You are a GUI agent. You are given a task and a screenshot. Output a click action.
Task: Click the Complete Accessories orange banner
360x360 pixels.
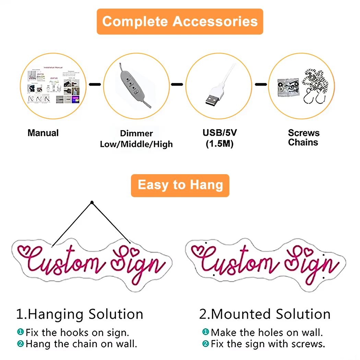point(180,22)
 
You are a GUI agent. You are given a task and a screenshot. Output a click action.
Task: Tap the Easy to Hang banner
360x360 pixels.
point(180,185)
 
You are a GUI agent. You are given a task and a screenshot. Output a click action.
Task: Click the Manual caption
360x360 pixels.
point(43,133)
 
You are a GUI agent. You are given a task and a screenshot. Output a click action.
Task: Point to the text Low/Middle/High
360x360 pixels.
point(136,144)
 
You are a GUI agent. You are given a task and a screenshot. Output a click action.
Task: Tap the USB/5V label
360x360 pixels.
point(219,133)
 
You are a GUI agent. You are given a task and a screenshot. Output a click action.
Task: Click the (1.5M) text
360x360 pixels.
point(219,144)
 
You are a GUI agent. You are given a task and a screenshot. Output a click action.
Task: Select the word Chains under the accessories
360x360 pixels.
point(303,143)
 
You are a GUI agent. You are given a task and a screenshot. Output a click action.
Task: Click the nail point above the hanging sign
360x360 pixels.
point(92,203)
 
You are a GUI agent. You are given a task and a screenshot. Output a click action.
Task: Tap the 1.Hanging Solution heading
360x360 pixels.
point(80,314)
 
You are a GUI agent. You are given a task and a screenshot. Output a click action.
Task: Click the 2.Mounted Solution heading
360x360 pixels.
point(265,314)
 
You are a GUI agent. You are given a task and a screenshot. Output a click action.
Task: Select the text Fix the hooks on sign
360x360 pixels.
point(77,332)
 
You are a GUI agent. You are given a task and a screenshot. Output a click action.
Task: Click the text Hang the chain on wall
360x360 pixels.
point(81,344)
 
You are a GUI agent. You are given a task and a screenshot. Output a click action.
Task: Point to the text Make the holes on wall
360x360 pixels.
point(267,332)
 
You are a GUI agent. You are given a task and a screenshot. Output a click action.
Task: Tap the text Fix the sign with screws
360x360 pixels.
point(268,344)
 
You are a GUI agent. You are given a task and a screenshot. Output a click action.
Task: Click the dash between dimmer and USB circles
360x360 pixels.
point(177,84)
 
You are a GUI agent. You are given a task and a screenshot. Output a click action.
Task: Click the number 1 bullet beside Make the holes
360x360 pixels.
point(205,332)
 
